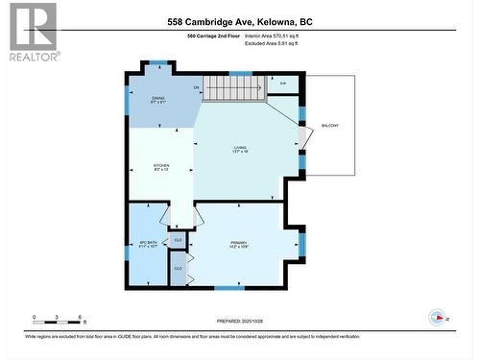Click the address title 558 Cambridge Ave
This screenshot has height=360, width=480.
240,22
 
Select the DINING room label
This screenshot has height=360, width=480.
158,99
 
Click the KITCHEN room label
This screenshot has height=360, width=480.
161,166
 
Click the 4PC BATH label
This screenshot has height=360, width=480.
147,244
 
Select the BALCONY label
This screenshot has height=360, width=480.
329,126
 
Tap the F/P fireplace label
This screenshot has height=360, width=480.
282,84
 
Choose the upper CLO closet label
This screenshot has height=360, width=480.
178,240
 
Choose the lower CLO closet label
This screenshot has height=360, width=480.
178,268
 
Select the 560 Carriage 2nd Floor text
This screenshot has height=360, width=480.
213,36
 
